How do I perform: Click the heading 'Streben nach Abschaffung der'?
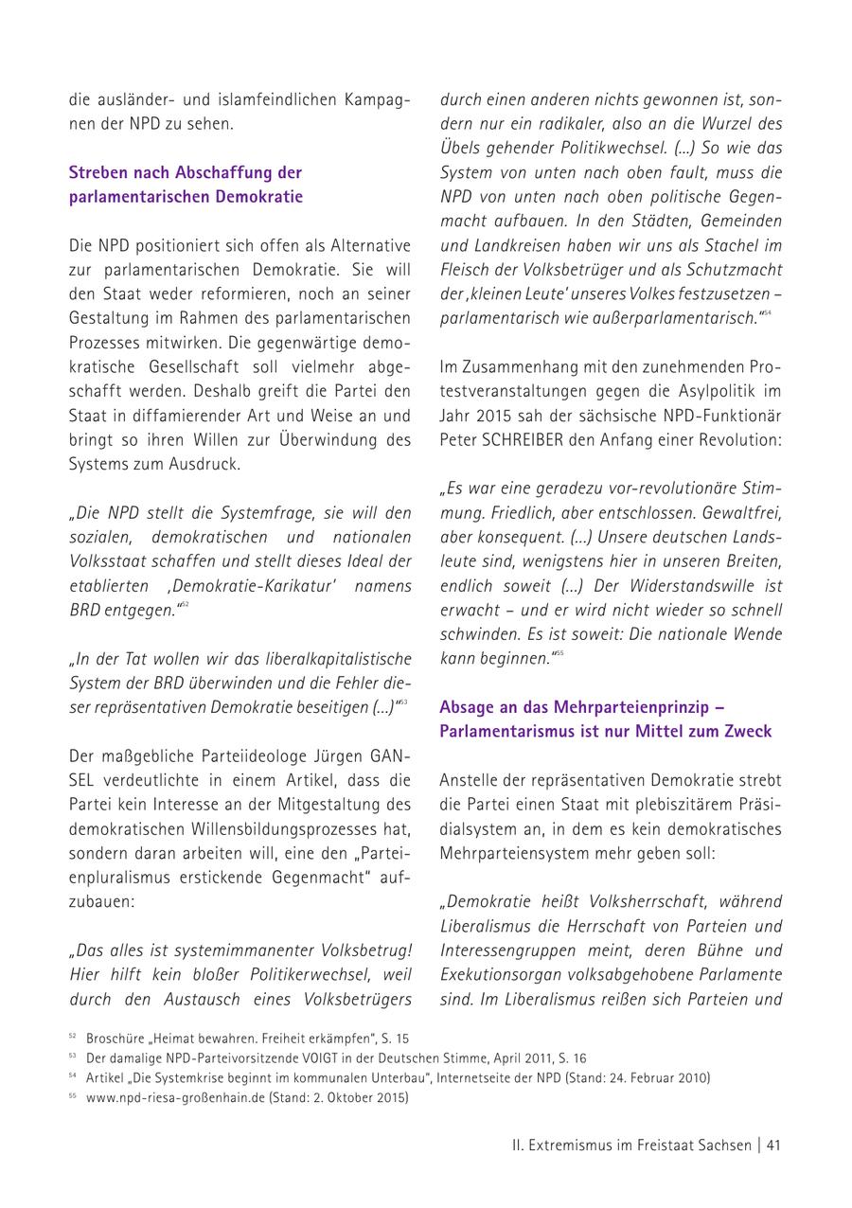186,172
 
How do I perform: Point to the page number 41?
773,1145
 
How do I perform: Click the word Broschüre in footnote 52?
115,1039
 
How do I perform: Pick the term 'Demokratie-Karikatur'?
249,586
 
